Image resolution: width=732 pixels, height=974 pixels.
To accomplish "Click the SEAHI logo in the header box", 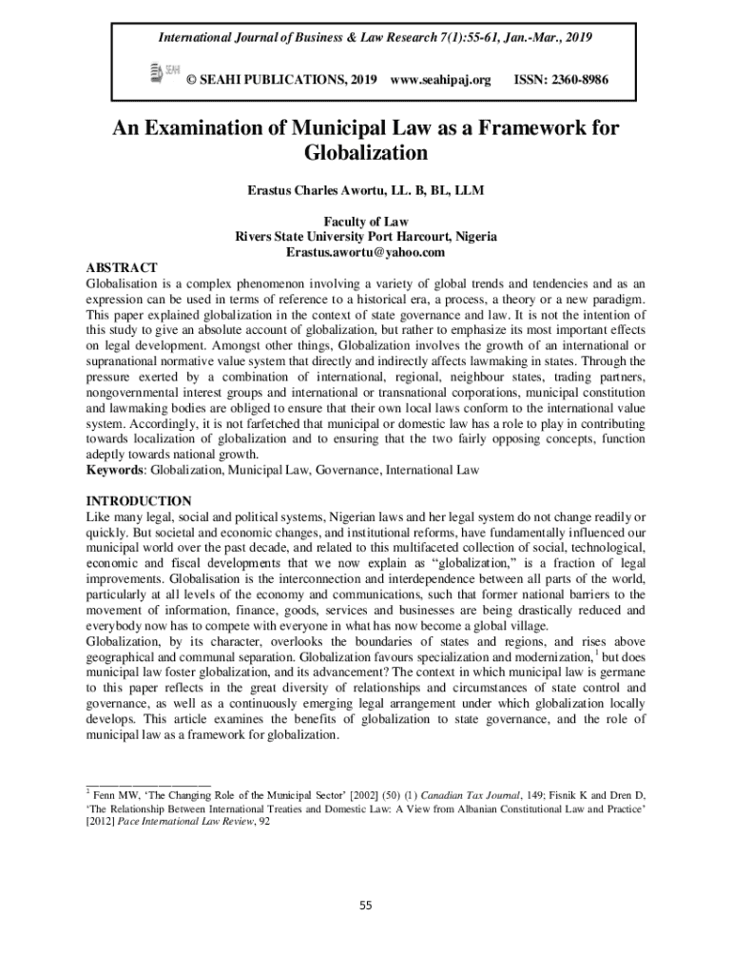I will (164, 72).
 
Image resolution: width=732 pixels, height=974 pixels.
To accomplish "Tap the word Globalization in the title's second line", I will (366, 152).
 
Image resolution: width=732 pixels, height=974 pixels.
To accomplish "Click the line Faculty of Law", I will (366, 222).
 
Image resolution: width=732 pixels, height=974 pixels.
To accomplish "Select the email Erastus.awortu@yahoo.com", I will (366, 252).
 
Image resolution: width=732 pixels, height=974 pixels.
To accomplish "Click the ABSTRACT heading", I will (122, 267).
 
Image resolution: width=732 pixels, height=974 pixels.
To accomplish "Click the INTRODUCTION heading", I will (139, 500).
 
